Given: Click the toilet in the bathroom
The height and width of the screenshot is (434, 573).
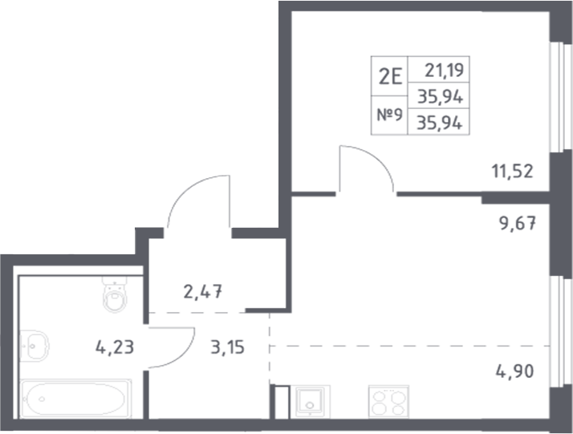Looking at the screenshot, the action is click(x=115, y=294).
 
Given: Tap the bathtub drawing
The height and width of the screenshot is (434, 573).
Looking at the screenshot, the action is click(x=76, y=399).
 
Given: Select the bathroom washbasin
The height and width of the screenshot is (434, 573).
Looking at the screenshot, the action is click(x=34, y=346).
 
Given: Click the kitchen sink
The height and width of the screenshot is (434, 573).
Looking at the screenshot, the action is click(x=310, y=401).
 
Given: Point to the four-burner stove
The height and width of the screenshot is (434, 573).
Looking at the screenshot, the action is click(x=388, y=401).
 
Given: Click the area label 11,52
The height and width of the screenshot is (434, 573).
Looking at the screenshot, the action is click(x=512, y=172).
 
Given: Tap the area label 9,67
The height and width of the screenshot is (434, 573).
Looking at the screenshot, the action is click(x=518, y=223).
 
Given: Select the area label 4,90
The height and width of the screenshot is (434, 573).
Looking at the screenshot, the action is click(x=514, y=371).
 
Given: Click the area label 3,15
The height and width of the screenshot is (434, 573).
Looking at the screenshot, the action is click(x=227, y=347).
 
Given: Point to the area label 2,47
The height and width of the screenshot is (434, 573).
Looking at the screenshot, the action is click(x=203, y=292).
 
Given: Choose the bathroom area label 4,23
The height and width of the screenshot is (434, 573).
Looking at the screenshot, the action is click(x=115, y=347).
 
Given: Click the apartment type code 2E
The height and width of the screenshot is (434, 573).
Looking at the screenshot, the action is click(x=390, y=77).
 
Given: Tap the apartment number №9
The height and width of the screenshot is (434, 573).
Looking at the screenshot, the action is click(x=389, y=115).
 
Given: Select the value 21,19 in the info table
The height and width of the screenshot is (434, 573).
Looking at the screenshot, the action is click(x=444, y=70).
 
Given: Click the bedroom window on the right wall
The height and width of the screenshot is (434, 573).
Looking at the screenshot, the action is click(x=561, y=97).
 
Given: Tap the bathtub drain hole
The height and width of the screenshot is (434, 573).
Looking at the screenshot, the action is click(x=42, y=399).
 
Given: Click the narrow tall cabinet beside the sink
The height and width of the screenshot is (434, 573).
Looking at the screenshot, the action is click(x=282, y=402).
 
